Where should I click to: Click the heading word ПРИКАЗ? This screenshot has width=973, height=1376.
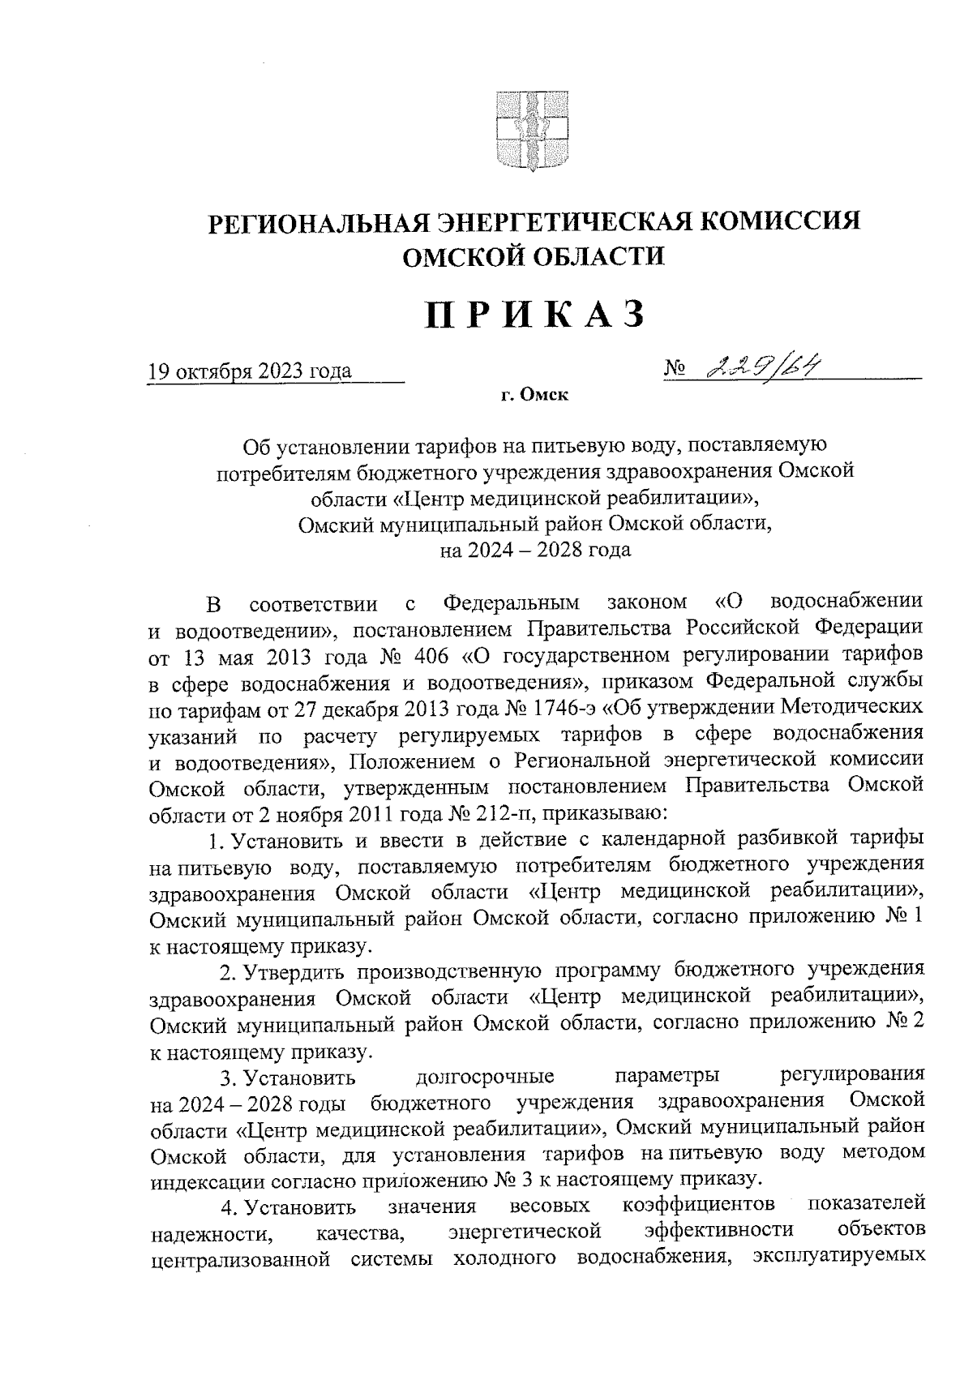536,315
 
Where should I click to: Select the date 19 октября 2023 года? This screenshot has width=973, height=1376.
251,372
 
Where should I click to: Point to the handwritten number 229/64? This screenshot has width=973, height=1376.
759,369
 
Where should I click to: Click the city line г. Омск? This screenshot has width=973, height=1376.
534,396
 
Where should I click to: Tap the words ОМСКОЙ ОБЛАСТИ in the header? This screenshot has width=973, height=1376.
534,258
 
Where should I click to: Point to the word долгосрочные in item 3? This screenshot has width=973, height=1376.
485,1078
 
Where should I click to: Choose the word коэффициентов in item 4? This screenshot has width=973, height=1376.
698,1207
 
